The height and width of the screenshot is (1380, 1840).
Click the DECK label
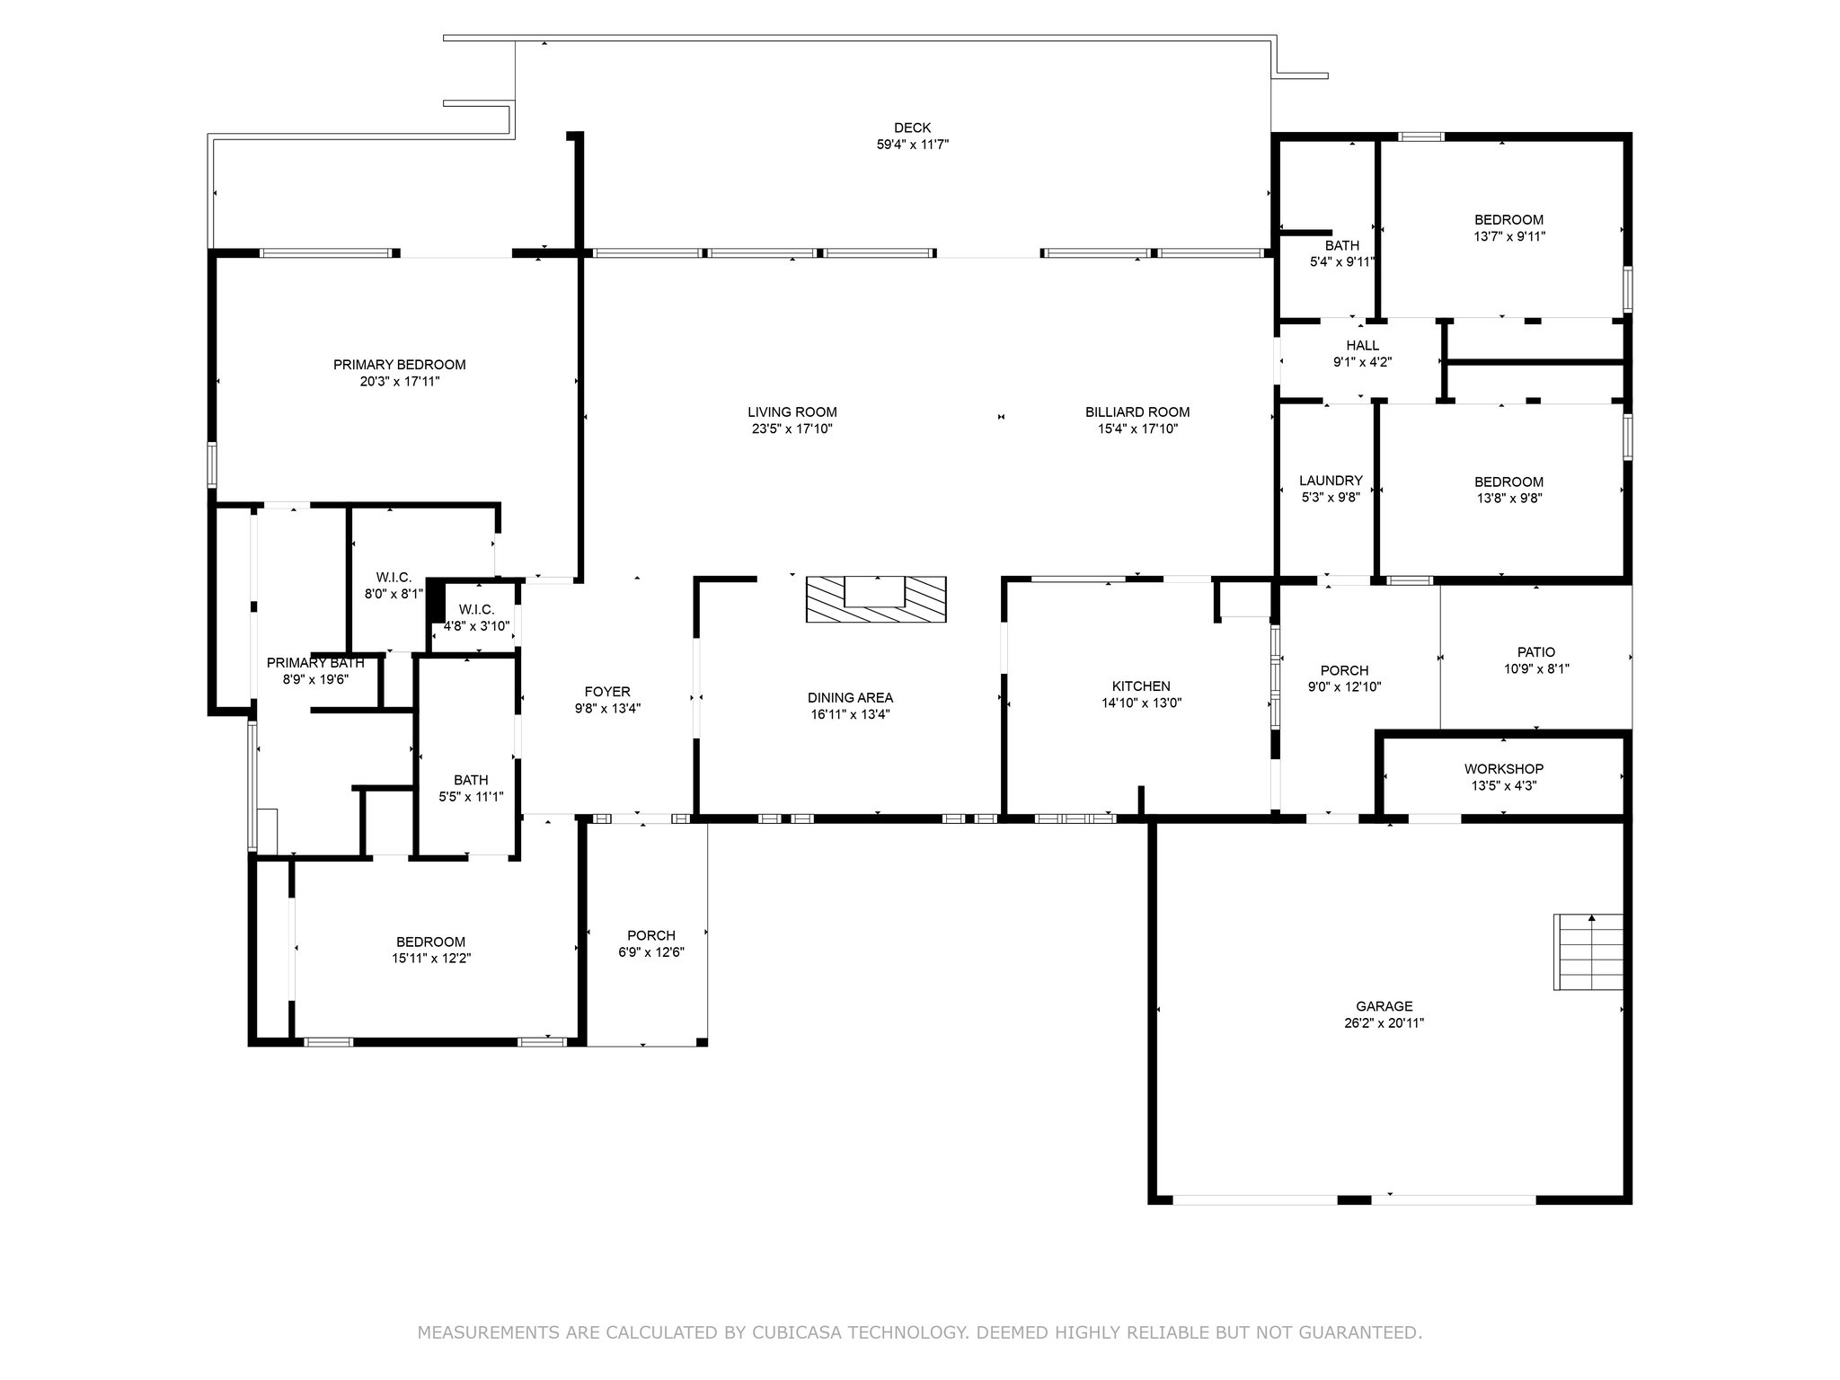(912, 128)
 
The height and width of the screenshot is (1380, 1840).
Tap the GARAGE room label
(1384, 1006)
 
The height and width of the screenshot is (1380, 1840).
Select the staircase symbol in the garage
(1588, 951)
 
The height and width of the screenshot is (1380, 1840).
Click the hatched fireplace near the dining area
(876, 599)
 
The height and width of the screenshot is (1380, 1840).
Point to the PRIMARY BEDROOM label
(399, 365)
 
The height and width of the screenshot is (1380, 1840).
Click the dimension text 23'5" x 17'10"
(792, 429)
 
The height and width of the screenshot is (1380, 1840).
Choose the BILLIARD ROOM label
(1137, 412)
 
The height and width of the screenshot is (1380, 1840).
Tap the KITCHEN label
(1141, 686)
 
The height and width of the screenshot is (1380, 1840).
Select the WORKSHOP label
(1504, 769)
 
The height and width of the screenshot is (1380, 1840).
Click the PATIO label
(1536, 652)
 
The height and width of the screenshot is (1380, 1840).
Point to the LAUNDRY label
(1331, 481)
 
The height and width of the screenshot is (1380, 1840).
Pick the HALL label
(1362, 346)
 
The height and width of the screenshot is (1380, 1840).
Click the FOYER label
(607, 692)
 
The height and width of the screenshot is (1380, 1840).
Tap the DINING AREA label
(850, 698)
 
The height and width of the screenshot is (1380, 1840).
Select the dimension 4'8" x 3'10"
(476, 626)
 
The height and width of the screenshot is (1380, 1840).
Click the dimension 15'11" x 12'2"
(430, 959)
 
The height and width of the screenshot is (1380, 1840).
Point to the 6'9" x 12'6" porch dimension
(651, 952)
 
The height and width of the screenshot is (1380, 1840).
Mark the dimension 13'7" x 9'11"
(1508, 237)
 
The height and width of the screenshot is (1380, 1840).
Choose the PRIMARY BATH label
(315, 663)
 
